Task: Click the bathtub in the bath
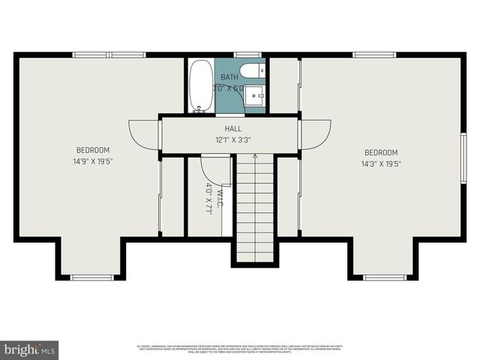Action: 200,85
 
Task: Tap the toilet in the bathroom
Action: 256,72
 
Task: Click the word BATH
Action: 229,77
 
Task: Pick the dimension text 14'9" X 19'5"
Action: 93,160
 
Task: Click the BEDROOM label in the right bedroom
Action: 381,153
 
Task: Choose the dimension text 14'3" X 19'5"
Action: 381,163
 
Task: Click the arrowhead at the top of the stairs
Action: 255,156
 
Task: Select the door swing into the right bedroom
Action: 315,136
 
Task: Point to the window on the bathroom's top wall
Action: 247,54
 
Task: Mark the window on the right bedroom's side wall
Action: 463,157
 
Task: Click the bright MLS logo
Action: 30,349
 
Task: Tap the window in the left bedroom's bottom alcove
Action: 91,278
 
